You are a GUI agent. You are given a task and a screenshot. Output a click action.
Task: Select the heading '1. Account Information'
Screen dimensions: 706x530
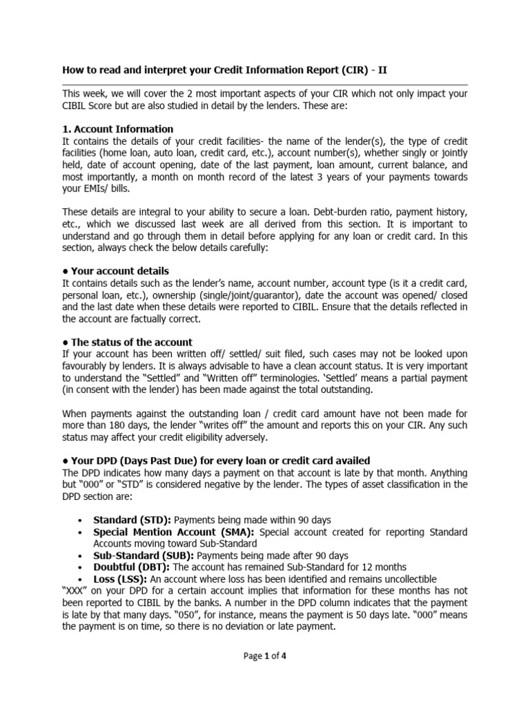point(118,129)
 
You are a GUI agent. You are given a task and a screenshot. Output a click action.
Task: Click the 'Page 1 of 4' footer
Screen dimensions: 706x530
point(265,656)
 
